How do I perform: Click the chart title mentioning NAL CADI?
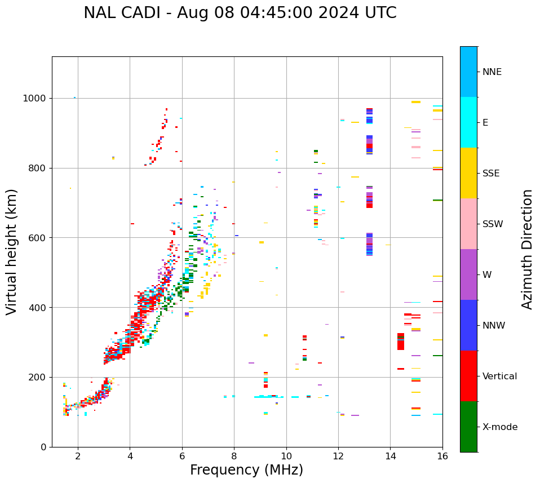point(240,13)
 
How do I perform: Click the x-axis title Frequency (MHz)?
point(246,470)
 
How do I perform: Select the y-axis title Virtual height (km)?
point(12,252)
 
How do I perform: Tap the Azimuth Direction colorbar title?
point(527,249)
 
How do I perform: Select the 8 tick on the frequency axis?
point(234,456)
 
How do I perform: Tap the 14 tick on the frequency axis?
point(390,456)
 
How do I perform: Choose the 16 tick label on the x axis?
point(442,456)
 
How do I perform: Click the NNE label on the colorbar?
point(492,72)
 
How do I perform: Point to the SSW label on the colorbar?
point(493,224)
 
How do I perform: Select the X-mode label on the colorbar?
point(500,427)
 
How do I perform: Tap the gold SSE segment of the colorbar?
point(468,173)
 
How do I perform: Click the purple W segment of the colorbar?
point(468,274)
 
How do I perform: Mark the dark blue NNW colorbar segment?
point(468,325)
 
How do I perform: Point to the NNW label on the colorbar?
point(494,326)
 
